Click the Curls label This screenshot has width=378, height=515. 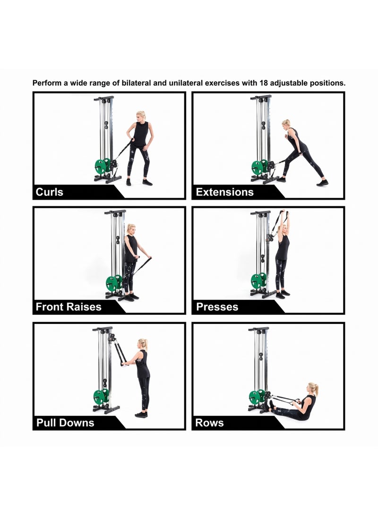(49, 192)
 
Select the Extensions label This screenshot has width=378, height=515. (224, 192)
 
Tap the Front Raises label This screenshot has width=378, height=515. (69, 307)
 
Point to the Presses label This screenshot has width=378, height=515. (217, 307)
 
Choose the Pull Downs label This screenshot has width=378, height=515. (65, 422)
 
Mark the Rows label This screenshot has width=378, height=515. (209, 422)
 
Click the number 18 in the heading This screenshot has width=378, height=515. (264, 83)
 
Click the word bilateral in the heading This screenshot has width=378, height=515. (137, 83)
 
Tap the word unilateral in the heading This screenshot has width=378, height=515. (186, 83)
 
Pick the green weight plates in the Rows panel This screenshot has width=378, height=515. (257, 397)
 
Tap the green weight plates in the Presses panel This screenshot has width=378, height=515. (259, 281)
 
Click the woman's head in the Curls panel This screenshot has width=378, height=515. (141, 117)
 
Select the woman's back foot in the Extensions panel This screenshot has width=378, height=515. (322, 183)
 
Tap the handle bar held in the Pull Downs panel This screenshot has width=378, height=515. (125, 363)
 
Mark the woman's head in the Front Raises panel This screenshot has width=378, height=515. (131, 229)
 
